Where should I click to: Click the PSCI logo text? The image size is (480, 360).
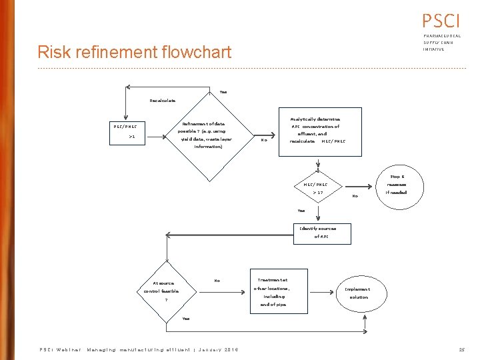(x=441, y=19)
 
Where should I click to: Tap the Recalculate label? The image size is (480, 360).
(x=163, y=101)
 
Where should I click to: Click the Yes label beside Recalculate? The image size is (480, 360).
(x=223, y=92)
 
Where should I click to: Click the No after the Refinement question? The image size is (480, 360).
(x=264, y=140)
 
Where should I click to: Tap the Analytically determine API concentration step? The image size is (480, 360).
(x=315, y=130)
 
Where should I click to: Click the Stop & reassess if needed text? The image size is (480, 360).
(x=397, y=184)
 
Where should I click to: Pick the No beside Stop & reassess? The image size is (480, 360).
(x=355, y=196)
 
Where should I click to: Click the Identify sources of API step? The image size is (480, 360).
(x=318, y=232)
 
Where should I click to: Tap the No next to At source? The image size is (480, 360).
(x=217, y=281)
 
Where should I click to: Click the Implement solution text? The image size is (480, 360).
(x=358, y=293)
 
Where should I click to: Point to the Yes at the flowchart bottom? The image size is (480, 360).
(x=185, y=319)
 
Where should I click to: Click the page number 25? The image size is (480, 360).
(x=461, y=349)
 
